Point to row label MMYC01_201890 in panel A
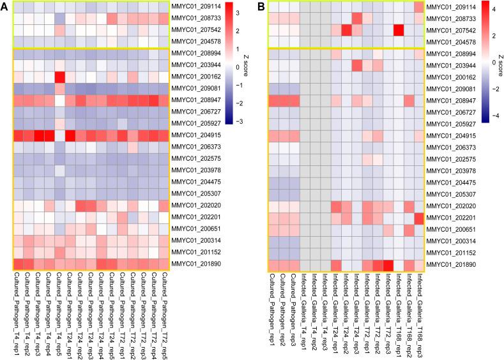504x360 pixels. [194, 264]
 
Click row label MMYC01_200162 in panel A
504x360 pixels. [194, 77]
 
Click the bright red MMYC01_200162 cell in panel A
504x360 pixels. [60, 77]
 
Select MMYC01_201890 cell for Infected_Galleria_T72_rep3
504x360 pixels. [387, 264]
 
